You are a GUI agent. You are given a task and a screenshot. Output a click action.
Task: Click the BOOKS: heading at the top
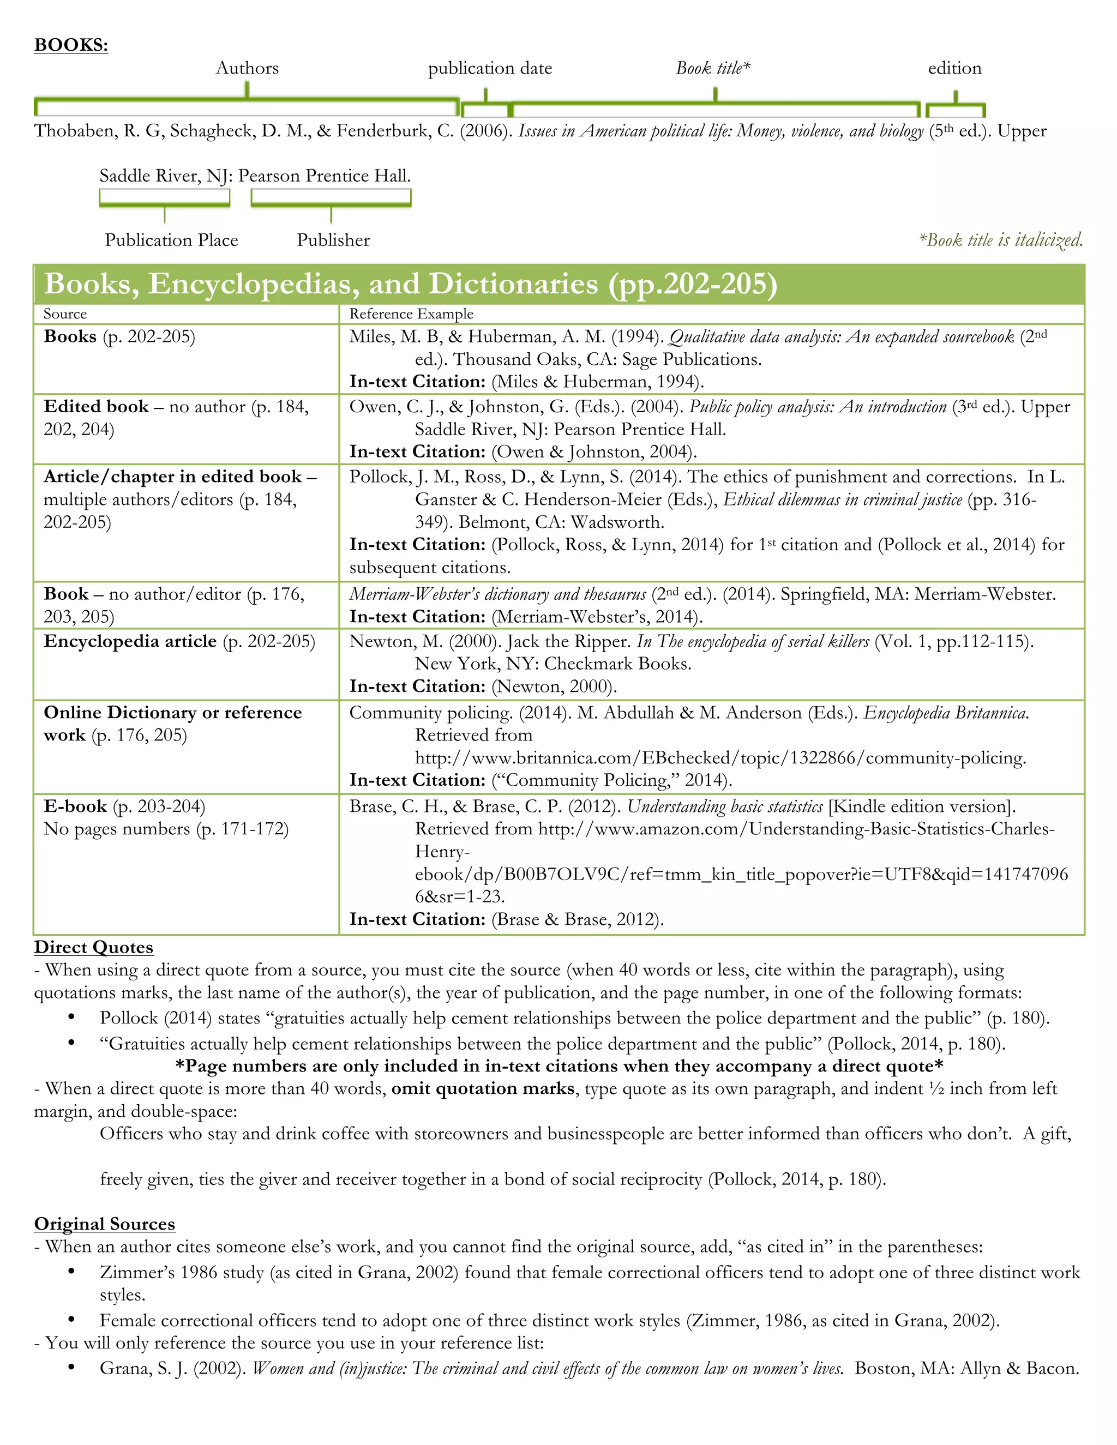pyautogui.click(x=71, y=45)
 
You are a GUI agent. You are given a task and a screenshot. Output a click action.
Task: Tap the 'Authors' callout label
pyautogui.click(x=247, y=68)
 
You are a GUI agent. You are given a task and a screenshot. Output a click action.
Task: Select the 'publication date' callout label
pyautogui.click(x=490, y=68)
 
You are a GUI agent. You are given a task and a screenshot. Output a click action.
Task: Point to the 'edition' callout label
pyautogui.click(x=954, y=68)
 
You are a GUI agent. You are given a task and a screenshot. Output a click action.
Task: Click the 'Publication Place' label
pyautogui.click(x=171, y=240)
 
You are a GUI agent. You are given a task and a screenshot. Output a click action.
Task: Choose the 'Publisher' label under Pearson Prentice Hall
pyautogui.click(x=333, y=240)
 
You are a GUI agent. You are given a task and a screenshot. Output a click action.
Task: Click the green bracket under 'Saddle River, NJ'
pyautogui.click(x=165, y=198)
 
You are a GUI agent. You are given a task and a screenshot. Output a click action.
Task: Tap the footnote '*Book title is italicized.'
pyautogui.click(x=1000, y=239)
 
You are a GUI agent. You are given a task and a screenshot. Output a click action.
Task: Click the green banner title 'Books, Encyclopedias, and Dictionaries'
pyautogui.click(x=410, y=284)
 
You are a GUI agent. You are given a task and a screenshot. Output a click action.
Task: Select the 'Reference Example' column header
pyautogui.click(x=411, y=314)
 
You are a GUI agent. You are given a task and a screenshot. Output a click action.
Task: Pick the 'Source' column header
pyautogui.click(x=65, y=314)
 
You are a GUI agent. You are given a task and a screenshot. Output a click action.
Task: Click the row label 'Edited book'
pyautogui.click(x=96, y=406)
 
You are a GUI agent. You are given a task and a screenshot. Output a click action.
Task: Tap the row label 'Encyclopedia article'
pyautogui.click(x=130, y=641)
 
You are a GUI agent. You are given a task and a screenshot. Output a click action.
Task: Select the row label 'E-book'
pyautogui.click(x=75, y=806)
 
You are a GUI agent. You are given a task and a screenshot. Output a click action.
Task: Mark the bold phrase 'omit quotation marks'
pyautogui.click(x=482, y=1088)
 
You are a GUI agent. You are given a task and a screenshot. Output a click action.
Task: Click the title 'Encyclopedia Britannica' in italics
pyautogui.click(x=945, y=713)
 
